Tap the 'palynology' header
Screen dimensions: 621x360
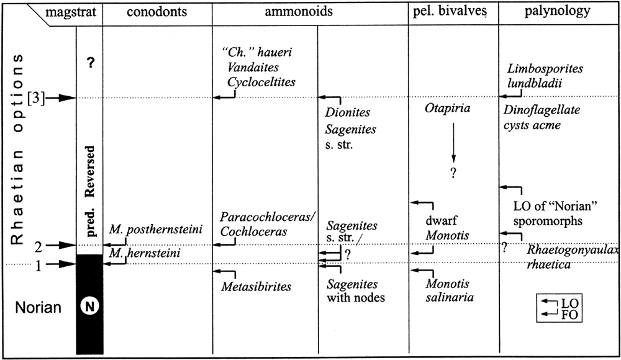[560, 12]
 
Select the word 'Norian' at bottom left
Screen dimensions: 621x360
[39, 307]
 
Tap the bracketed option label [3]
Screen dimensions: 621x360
[37, 98]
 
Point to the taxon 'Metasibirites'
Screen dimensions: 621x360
[256, 286]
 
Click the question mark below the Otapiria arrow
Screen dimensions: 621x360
[454, 173]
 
